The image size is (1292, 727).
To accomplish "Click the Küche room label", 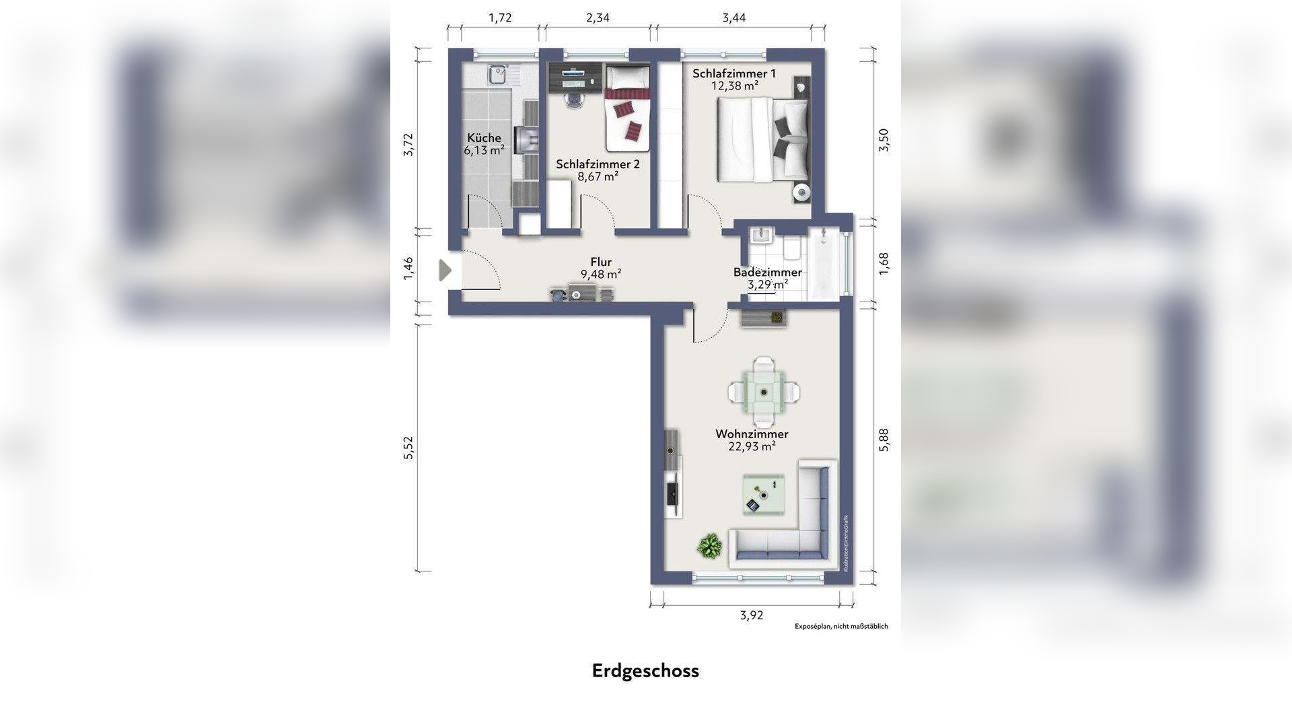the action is click(x=484, y=138).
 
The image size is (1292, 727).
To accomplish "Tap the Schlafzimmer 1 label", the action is click(x=734, y=73).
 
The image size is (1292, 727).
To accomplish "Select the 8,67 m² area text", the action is click(x=598, y=177).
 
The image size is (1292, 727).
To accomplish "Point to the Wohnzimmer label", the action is click(x=752, y=434).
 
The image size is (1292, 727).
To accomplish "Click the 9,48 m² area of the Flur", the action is click(x=600, y=275).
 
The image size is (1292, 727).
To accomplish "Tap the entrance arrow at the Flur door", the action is click(x=445, y=270).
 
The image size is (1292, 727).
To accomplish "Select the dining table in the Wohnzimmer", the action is click(x=763, y=391).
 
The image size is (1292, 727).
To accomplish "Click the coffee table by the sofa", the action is click(x=763, y=495).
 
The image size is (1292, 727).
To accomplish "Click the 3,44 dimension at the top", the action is click(x=734, y=18).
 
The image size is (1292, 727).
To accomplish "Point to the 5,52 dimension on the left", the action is click(x=408, y=448).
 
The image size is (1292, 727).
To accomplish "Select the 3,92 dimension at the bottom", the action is click(x=752, y=615).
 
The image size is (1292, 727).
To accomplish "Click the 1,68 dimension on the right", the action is click(x=884, y=263).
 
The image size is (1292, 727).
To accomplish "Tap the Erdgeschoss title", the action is click(x=645, y=671).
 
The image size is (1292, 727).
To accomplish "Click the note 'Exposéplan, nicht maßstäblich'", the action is click(x=841, y=626).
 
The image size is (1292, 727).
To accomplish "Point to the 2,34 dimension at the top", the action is click(x=598, y=18).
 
